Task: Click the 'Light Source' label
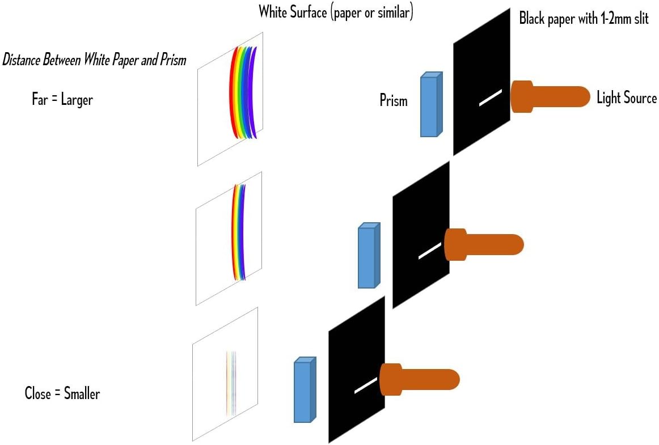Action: point(626,98)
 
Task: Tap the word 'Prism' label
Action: point(394,101)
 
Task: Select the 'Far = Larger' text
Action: point(62,100)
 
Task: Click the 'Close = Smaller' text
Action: point(62,393)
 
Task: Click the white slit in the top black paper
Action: point(491,98)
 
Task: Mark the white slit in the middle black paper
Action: point(429,251)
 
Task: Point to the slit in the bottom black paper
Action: point(365,385)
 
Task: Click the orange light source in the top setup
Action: point(550,96)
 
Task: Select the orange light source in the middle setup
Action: point(484,244)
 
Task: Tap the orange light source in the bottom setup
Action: point(419,379)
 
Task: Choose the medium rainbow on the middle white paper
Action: point(239,232)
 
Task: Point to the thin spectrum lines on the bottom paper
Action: point(231,383)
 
